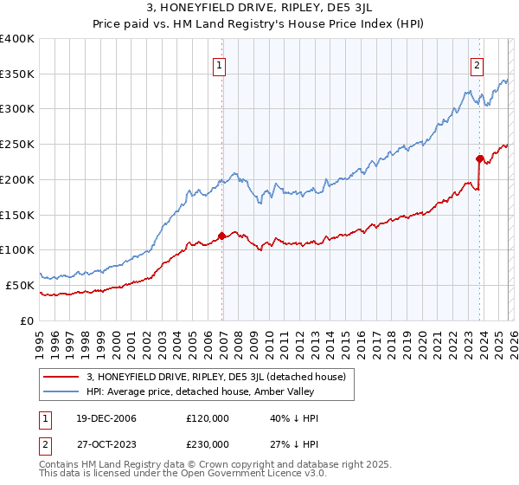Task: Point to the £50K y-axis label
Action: pyautogui.click(x=20, y=285)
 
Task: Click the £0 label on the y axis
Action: pyautogui.click(x=28, y=320)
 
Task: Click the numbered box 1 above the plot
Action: pyautogui.click(x=219, y=64)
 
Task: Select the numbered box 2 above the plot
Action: pyautogui.click(x=477, y=64)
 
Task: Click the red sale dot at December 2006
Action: pyautogui.click(x=222, y=236)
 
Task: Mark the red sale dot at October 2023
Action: pyautogui.click(x=479, y=158)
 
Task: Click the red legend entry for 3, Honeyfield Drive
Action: pyautogui.click(x=216, y=377)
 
